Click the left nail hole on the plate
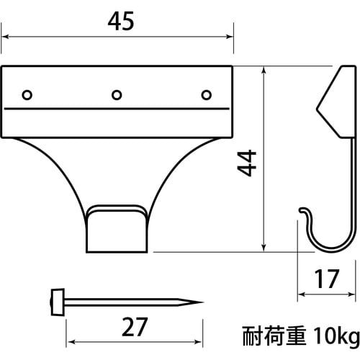(x=27, y=94)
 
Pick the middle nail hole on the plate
(x=117, y=94)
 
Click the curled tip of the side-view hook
(x=302, y=211)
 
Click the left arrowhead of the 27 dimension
(x=71, y=343)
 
